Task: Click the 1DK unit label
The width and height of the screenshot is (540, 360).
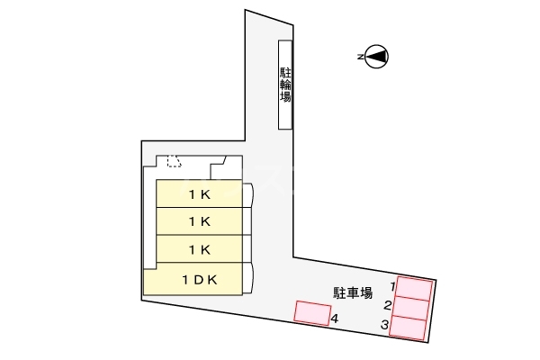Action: (200, 280)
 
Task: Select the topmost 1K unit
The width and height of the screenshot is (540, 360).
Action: (200, 193)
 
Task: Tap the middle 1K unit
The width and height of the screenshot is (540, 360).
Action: (200, 221)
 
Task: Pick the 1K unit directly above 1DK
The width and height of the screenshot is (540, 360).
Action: (200, 248)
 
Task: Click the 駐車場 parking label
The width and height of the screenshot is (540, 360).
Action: (353, 292)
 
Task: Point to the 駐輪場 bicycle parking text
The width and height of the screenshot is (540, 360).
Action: (285, 85)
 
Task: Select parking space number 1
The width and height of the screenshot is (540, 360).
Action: (414, 288)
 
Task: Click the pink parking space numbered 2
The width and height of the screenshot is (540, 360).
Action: (411, 308)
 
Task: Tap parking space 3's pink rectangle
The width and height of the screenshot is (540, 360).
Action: (408, 328)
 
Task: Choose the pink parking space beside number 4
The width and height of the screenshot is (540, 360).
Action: (312, 313)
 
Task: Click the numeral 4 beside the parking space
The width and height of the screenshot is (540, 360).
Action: (334, 319)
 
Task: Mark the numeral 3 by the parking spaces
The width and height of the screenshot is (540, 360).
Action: (384, 324)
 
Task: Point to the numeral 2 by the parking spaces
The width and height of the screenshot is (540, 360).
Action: (388, 305)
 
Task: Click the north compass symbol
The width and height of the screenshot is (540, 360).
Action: (376, 56)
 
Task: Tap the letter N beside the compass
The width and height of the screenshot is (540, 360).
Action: (360, 57)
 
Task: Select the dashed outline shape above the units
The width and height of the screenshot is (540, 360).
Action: (174, 161)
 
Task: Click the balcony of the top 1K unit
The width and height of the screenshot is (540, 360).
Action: (247, 195)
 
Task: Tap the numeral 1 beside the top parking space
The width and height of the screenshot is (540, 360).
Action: (391, 285)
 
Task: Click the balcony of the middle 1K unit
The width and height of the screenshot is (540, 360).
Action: (247, 221)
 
